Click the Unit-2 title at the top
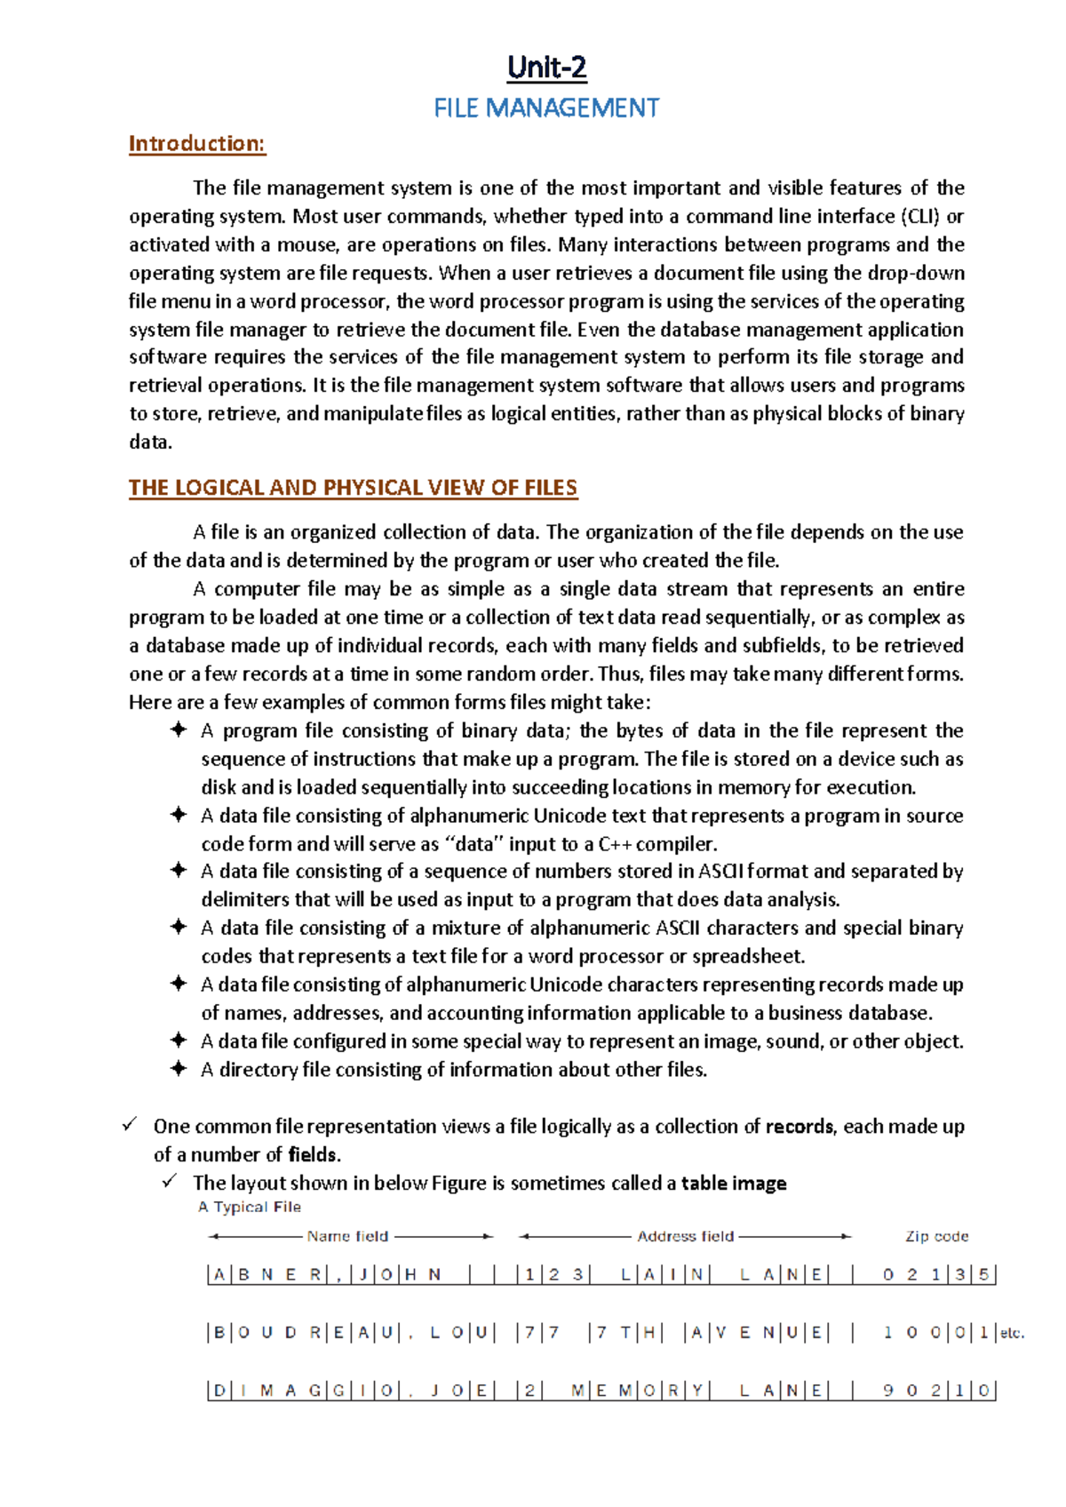click(546, 68)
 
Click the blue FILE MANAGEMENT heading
click(546, 108)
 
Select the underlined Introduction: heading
click(197, 144)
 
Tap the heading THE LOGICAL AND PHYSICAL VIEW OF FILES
click(353, 488)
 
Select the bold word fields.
click(314, 1155)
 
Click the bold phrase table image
click(734, 1184)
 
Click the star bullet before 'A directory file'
click(179, 1069)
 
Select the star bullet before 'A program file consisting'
click(179, 730)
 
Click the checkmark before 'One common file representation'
click(130, 1126)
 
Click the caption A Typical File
click(250, 1208)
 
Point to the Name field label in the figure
click(347, 1236)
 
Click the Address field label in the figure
click(686, 1236)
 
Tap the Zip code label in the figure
click(936, 1236)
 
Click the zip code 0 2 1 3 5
click(935, 1275)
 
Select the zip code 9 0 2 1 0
click(935, 1391)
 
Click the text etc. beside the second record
click(1012, 1333)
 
